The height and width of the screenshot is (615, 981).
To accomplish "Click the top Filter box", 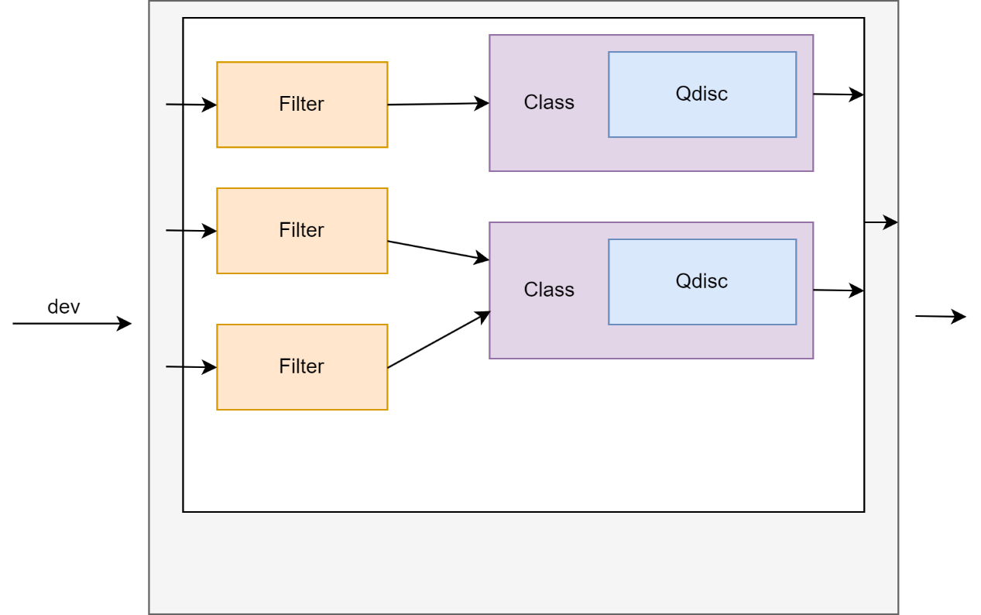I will [x=302, y=124].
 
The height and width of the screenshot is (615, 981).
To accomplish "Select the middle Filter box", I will [x=302, y=252].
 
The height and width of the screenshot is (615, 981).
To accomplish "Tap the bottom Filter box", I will [x=302, y=387].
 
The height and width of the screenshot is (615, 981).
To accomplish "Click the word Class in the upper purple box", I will [x=549, y=102].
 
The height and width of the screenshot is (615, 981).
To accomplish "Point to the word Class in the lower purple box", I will [x=549, y=290].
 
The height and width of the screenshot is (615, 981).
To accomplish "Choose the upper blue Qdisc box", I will [x=702, y=116].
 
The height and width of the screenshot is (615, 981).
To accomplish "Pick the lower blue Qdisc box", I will [x=702, y=304].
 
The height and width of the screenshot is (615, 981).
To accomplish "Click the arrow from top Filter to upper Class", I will [x=437, y=104].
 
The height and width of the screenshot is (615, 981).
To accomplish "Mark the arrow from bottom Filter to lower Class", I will [x=438, y=340].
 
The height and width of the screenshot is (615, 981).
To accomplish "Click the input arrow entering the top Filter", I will [x=190, y=105].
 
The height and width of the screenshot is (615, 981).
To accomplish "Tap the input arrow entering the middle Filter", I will [x=190, y=231].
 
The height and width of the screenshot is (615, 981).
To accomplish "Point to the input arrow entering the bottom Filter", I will [x=190, y=367].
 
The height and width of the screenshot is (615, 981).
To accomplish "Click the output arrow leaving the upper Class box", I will [x=838, y=94].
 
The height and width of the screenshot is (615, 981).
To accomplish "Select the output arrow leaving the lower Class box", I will [x=838, y=290].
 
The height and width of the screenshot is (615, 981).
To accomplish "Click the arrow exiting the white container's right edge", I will [x=881, y=222].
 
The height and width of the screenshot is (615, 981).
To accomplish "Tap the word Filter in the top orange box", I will [x=301, y=104].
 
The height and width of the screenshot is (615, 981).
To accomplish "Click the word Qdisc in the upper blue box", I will [x=701, y=94].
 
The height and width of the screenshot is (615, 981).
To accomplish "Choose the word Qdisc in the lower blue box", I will [x=701, y=281].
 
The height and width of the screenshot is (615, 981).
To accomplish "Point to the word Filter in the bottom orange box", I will [x=301, y=366].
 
